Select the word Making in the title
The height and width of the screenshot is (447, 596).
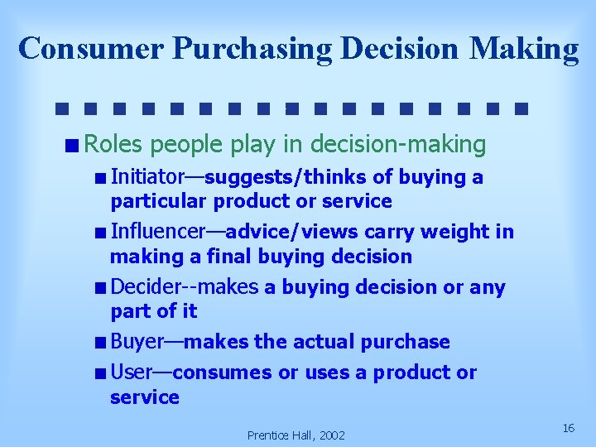[524, 48]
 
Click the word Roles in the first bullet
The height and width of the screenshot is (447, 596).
[113, 145]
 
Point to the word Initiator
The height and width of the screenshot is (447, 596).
[147, 177]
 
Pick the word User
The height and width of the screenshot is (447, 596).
[130, 372]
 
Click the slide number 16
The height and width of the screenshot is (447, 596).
[568, 428]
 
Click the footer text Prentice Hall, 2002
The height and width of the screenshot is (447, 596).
[296, 435]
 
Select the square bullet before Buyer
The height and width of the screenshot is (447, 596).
[100, 343]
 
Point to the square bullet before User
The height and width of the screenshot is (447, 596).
[100, 373]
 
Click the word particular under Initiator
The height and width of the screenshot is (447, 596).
[159, 201]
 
